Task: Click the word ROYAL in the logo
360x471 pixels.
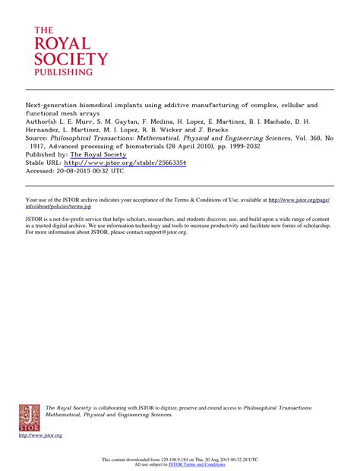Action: pyautogui.click(x=61, y=43)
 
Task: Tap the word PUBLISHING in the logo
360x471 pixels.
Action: pyautogui.click(x=63, y=72)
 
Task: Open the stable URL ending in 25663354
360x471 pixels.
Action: pyautogui.click(x=125, y=163)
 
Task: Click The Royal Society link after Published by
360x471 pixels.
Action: pyautogui.click(x=98, y=154)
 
